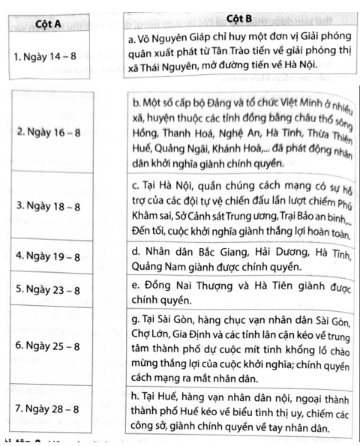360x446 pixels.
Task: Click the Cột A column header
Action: [x=46, y=22]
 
